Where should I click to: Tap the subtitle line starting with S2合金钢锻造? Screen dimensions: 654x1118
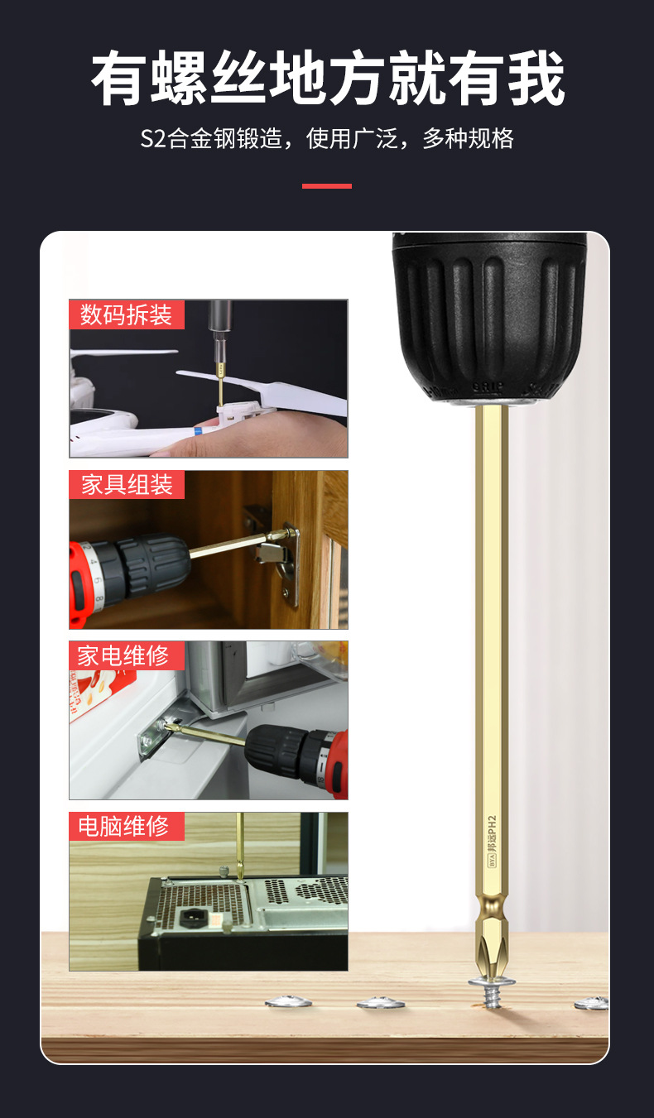click(x=327, y=138)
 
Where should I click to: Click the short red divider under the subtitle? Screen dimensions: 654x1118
click(x=327, y=186)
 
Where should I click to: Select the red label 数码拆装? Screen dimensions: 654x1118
click(x=127, y=314)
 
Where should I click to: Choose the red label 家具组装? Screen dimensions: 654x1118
click(x=127, y=485)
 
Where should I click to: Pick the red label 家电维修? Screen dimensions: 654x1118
click(x=127, y=655)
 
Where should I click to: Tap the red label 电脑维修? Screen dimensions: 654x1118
click(x=127, y=826)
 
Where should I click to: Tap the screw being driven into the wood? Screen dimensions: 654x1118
click(x=492, y=991)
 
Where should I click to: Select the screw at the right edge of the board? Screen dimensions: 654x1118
click(x=592, y=1002)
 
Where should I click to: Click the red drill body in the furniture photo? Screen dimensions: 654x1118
click(x=79, y=582)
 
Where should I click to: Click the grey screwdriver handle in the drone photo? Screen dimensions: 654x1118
click(x=219, y=319)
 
